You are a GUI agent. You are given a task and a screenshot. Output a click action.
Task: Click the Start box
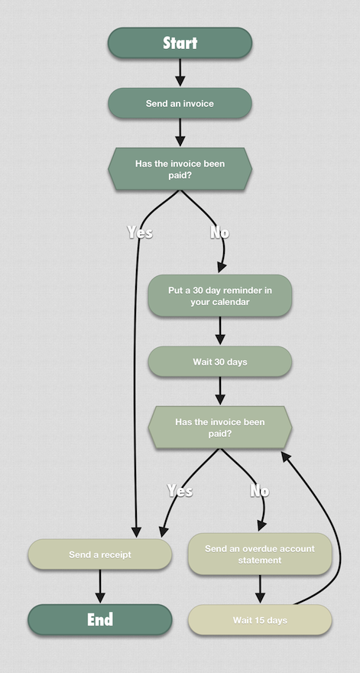tap(180, 43)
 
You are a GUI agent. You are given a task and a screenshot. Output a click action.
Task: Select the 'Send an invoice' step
tap(180, 103)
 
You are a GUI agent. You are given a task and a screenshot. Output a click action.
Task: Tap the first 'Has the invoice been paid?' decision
tap(180, 169)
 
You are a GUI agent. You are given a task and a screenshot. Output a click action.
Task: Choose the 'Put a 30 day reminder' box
tap(219, 296)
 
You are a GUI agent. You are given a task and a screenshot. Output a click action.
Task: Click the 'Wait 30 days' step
tap(219, 362)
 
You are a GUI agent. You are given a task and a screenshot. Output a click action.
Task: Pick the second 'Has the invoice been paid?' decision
tap(219, 428)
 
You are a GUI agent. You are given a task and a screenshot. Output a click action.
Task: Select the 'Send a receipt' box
tap(100, 554)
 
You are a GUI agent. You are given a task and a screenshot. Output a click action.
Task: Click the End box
tap(100, 619)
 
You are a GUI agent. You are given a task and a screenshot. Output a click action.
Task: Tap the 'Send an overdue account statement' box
tap(260, 554)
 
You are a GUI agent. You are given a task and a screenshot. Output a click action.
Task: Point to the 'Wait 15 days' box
tap(260, 619)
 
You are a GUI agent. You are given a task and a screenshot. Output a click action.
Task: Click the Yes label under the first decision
tap(140, 232)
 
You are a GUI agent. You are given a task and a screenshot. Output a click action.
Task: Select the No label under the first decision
tap(219, 232)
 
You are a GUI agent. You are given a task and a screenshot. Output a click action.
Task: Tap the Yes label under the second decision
tap(180, 490)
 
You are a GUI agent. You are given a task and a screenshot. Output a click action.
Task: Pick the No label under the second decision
tap(260, 490)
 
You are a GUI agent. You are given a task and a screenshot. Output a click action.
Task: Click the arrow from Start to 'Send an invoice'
tap(180, 72)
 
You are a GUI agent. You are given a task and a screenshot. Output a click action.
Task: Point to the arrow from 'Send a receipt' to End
tap(100, 587)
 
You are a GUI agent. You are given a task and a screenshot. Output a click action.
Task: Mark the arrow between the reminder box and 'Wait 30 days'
tap(220, 330)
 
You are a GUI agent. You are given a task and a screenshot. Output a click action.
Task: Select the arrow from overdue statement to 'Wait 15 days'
tap(260, 589)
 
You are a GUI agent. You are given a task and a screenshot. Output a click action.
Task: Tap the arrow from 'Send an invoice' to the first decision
tap(180, 132)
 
